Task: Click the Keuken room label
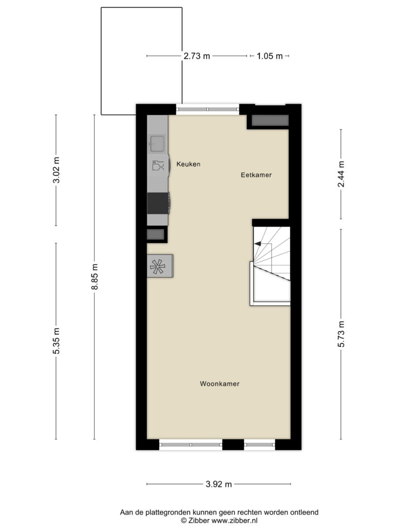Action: pos(188,164)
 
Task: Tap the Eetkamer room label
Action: pos(256,175)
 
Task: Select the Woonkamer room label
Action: pos(220,384)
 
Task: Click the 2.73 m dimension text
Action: pos(197,56)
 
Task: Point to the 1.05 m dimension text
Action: pos(269,56)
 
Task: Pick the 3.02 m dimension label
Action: pos(56,170)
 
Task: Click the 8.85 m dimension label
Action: pos(95,276)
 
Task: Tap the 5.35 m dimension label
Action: pos(56,341)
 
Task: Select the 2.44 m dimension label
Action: pos(341,174)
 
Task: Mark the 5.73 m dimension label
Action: pos(341,334)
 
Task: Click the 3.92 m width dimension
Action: pos(219,484)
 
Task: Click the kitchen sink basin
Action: pos(157,143)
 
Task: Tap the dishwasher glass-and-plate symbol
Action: pos(158,165)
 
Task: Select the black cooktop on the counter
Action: pos(158,203)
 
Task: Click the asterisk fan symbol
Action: pos(158,267)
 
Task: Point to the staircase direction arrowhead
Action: pos(257,243)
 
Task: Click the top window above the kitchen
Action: pos(208,109)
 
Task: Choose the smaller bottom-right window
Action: pos(259,445)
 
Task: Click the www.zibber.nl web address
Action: pos(234,521)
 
